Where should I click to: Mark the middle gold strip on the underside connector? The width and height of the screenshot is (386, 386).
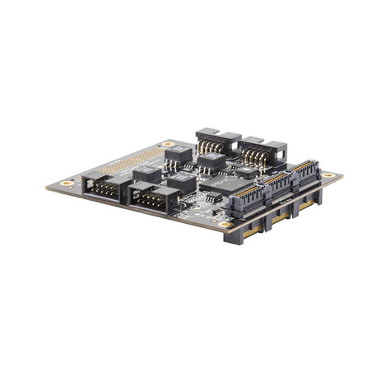coord(280,216)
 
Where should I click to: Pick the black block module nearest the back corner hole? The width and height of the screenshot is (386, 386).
coord(178,153)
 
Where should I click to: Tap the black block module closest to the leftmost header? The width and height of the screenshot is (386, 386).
coord(146,174)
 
